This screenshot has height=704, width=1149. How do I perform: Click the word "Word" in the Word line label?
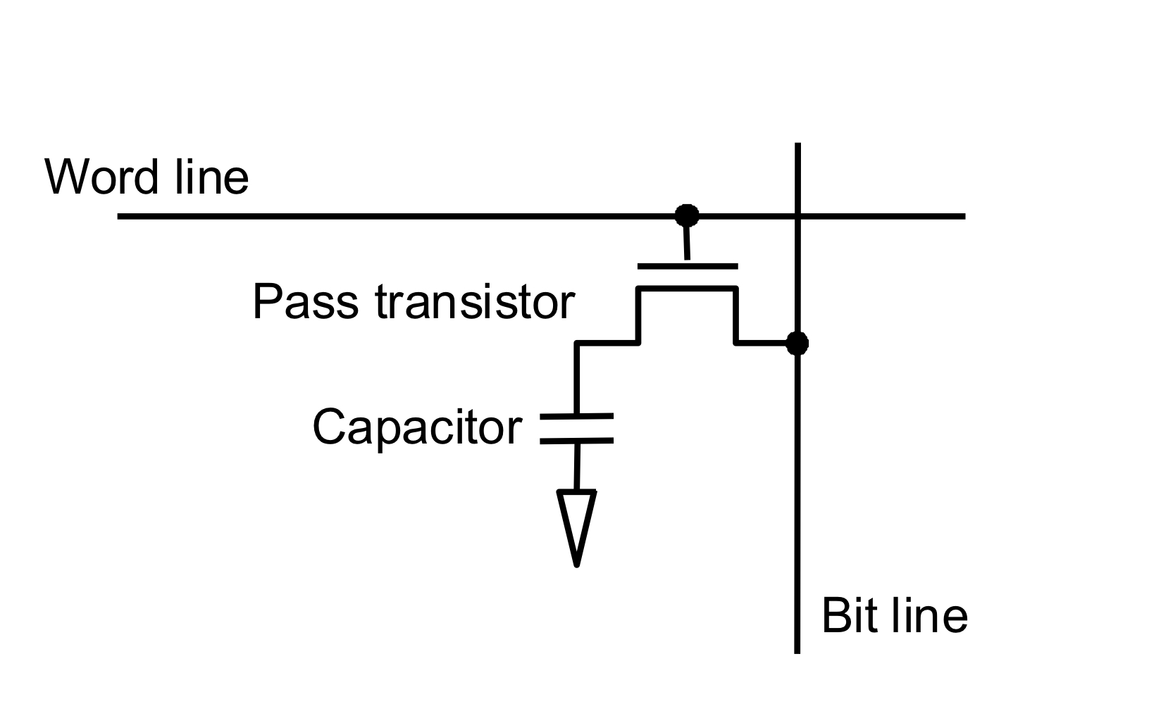point(101,177)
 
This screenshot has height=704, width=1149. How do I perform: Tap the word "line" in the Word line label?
point(212,177)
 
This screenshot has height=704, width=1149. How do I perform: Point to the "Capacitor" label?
point(417,427)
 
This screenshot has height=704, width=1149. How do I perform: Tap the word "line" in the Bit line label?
point(930,615)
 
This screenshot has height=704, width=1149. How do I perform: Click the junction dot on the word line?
point(687,215)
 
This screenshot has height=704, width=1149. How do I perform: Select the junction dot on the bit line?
point(797,343)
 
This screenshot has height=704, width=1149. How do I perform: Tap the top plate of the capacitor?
point(576,416)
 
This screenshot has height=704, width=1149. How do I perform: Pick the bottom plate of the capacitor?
point(576,441)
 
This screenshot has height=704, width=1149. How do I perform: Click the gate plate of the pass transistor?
point(688,266)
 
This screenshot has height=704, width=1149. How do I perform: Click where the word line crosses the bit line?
point(797,216)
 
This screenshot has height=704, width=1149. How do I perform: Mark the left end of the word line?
point(118,216)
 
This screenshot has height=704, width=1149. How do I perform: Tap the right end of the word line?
point(964,216)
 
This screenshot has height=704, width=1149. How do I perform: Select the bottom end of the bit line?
point(797,652)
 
